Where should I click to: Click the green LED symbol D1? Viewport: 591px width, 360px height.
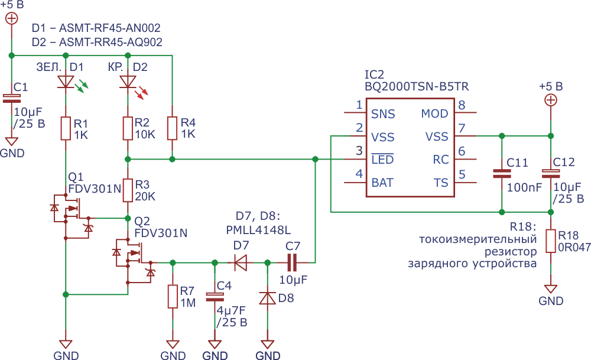click(66, 82)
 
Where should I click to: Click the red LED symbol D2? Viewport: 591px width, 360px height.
click(128, 82)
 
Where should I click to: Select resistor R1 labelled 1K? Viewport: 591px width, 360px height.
click(66, 128)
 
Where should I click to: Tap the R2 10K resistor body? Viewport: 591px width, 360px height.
click(128, 128)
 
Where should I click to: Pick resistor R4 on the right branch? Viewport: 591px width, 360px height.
click(172, 128)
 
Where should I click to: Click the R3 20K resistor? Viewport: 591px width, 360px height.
click(128, 190)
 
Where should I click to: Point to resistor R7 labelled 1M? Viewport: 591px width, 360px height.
click(173, 297)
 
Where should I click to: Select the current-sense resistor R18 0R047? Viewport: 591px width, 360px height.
click(551, 241)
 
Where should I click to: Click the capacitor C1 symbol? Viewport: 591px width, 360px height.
click(12, 98)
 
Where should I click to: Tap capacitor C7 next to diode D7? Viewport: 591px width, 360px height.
click(292, 262)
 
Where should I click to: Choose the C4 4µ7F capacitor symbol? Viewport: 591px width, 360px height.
click(215, 297)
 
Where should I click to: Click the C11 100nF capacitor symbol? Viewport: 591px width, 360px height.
click(502, 174)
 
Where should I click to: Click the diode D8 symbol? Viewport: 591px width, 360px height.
click(268, 298)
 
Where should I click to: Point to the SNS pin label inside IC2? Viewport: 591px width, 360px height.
click(383, 114)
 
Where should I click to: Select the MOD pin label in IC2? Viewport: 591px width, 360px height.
click(434, 114)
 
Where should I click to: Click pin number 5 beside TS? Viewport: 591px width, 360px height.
click(462, 174)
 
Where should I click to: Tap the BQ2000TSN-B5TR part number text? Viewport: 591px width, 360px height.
click(417, 87)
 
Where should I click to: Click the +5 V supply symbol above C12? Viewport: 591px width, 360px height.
click(551, 100)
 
